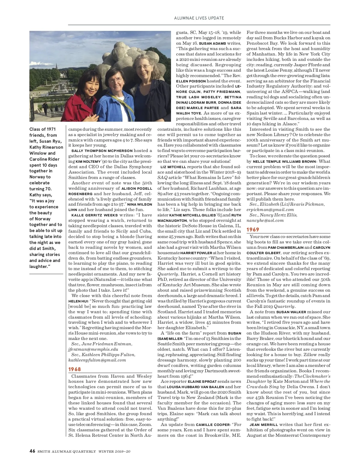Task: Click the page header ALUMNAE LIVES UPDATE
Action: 199,18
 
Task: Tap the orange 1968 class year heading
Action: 74,369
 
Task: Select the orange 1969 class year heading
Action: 253,230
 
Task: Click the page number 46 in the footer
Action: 32,451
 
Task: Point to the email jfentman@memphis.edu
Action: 93,349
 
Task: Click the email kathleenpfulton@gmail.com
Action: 97,360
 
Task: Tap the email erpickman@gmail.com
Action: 270,210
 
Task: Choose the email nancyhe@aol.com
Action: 265,220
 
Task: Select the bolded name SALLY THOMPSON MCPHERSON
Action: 102,151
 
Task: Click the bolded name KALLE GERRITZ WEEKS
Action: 94,215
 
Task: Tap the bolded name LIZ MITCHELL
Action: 173,167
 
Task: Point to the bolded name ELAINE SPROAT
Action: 202,382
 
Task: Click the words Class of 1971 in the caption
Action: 43,129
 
